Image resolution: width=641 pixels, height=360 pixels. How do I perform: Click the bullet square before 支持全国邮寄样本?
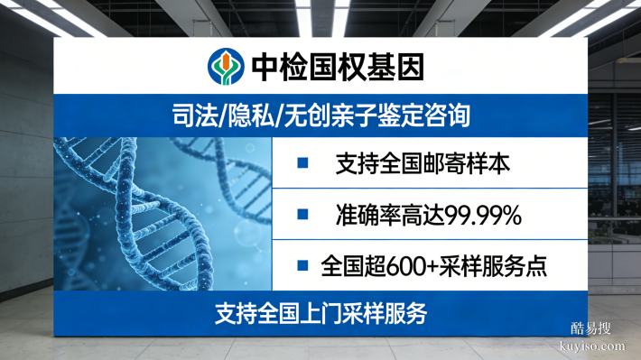(303, 163)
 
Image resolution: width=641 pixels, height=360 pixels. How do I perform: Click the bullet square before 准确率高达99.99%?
(303, 216)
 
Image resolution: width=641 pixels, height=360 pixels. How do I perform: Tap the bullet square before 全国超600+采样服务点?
(303, 265)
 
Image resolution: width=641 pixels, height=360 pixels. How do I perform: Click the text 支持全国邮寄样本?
(423, 164)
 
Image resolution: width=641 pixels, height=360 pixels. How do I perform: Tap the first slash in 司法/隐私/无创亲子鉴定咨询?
(220, 116)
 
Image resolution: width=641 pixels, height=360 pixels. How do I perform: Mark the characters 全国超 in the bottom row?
(351, 266)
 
